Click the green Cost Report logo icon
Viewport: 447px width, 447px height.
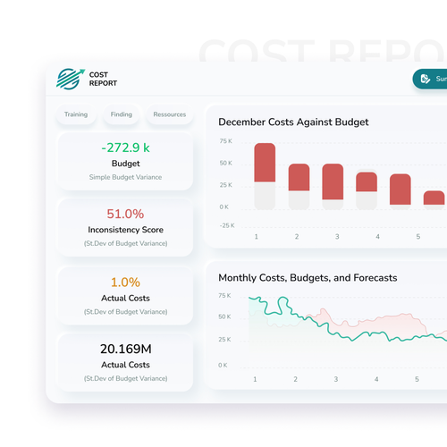click(68, 79)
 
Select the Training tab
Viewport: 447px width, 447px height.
click(76, 114)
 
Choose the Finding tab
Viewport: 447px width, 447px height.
click(121, 114)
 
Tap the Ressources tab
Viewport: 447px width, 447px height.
click(169, 114)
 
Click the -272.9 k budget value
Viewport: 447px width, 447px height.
click(124, 148)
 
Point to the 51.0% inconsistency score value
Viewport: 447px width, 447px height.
click(124, 214)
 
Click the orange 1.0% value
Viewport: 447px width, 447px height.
click(124, 282)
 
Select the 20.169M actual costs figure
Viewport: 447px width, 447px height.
click(124, 349)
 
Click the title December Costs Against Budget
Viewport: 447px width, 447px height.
click(293, 122)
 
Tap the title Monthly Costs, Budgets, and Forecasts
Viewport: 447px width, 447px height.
click(308, 278)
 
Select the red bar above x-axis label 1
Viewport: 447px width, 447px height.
click(265, 163)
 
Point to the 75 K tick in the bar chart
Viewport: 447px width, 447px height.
click(225, 142)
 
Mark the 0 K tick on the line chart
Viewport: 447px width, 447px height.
click(223, 366)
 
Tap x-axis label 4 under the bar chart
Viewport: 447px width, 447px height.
click(377, 237)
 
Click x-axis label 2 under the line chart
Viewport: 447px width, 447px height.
click(296, 380)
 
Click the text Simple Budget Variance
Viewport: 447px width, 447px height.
click(125, 177)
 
